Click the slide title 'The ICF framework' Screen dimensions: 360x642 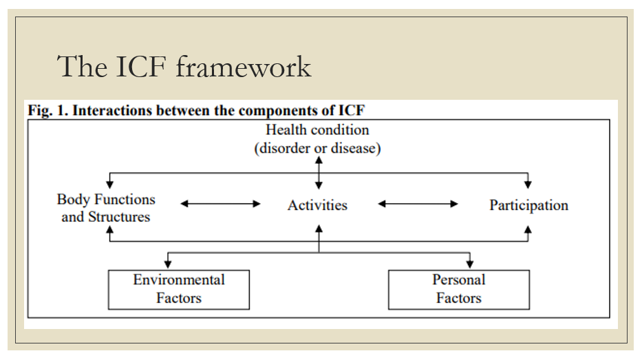(x=184, y=67)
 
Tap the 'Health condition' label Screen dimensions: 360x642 (x=317, y=129)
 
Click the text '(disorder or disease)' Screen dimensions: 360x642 (x=317, y=148)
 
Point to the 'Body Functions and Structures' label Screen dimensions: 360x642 (x=106, y=208)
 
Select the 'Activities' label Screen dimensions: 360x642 (x=317, y=205)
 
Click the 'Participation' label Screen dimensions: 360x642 (x=528, y=205)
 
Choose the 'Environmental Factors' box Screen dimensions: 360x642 (x=179, y=289)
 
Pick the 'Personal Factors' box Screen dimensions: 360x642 (x=459, y=289)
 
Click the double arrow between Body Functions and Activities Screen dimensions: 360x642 (x=220, y=204)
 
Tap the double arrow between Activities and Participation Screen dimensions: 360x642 (x=418, y=204)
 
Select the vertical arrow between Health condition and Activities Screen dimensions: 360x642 (x=318, y=173)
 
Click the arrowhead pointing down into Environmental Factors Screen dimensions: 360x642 (x=168, y=265)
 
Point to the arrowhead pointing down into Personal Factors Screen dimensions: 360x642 (x=471, y=265)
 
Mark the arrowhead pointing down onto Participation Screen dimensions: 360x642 (x=528, y=184)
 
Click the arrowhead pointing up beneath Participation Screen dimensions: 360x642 (x=528, y=229)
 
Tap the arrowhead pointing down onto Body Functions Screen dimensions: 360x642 (x=109, y=184)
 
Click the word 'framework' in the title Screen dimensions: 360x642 (x=244, y=67)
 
